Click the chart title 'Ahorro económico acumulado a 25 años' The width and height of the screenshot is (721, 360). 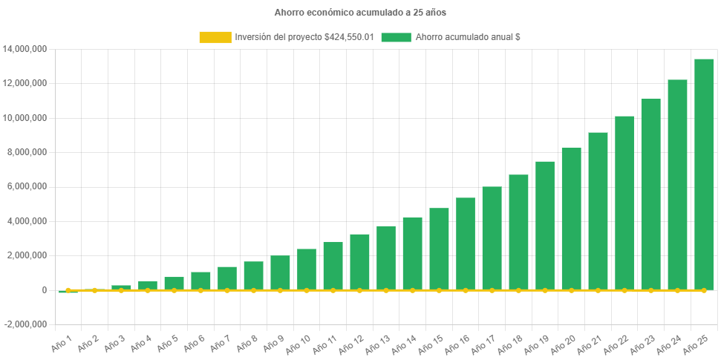[x=360, y=13]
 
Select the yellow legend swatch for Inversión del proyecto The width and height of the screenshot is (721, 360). [x=215, y=37]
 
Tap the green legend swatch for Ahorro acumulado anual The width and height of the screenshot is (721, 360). [x=396, y=37]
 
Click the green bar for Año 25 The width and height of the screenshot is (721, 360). [x=704, y=174]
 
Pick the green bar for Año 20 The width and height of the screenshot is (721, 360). [x=571, y=219]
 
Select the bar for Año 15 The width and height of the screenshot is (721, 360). [x=439, y=249]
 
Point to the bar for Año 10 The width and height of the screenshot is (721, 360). [x=306, y=269]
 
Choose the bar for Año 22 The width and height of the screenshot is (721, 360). [x=624, y=203]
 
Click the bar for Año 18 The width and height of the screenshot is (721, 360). [x=518, y=232]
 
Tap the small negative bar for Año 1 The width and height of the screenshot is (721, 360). [x=68, y=292]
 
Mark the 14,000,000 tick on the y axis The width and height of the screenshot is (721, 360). [x=25, y=49]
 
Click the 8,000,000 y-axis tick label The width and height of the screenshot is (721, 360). [x=28, y=152]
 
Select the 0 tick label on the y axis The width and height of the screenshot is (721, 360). [x=45, y=290]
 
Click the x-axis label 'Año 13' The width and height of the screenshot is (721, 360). [x=378, y=341]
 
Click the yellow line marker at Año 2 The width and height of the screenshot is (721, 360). [x=94, y=290]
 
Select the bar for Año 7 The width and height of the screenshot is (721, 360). [x=226, y=278]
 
